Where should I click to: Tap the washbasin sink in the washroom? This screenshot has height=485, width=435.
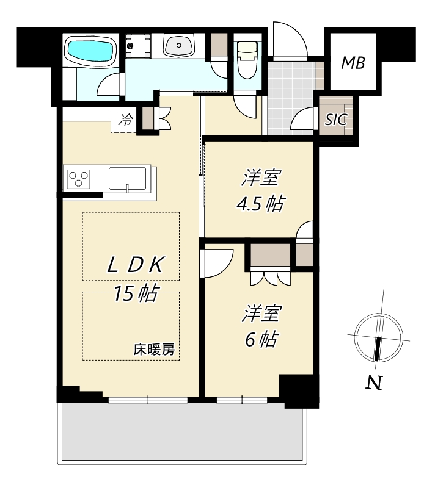click(x=179, y=45)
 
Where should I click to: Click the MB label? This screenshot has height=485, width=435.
click(x=353, y=63)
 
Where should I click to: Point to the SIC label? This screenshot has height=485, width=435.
click(x=335, y=119)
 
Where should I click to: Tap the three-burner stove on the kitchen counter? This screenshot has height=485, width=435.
click(x=79, y=179)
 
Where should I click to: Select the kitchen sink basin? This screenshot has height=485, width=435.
click(x=127, y=179)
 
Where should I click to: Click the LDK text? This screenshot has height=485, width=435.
click(x=134, y=265)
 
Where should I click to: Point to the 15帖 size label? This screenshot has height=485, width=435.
click(x=136, y=293)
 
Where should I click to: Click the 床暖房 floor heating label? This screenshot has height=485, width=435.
click(x=154, y=350)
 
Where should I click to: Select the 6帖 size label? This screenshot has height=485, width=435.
click(x=261, y=339)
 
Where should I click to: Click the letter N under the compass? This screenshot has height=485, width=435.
click(x=375, y=383)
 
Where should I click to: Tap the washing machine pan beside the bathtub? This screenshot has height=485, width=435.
click(x=139, y=46)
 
